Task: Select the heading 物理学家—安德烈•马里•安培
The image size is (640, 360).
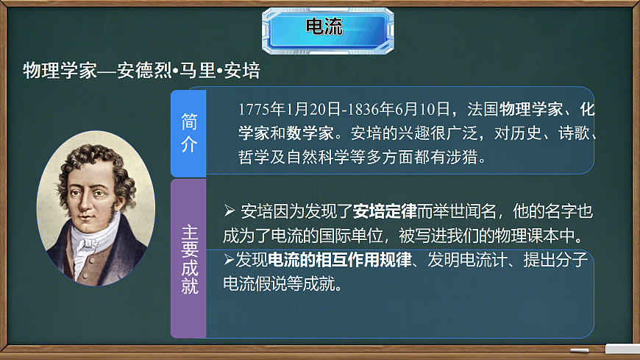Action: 141,71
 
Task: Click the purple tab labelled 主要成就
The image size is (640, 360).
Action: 188,258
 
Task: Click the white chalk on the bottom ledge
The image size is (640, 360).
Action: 622,347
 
